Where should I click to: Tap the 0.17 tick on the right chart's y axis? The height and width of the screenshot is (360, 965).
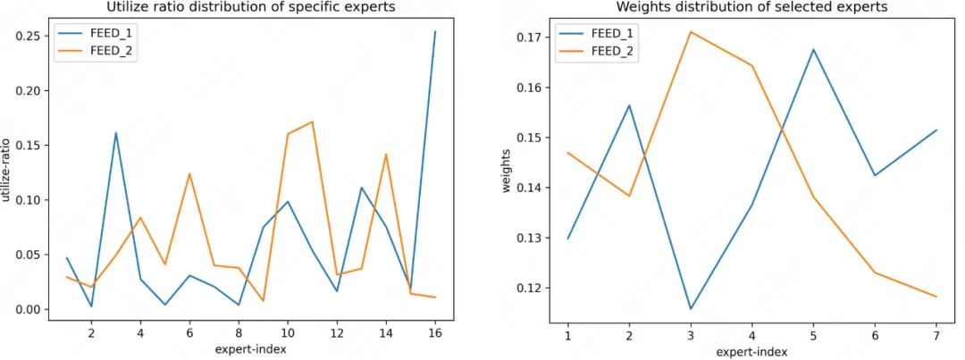[531, 38]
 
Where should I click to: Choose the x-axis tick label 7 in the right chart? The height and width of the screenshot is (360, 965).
[935, 332]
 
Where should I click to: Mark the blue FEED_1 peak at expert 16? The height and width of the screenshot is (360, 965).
[435, 32]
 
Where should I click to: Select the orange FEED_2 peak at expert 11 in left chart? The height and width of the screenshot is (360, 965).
[312, 121]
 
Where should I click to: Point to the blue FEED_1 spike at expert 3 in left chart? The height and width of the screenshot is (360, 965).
[116, 133]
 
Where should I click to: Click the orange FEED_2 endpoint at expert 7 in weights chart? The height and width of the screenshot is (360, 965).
[935, 297]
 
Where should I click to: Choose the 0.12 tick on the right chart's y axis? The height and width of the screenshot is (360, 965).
[531, 288]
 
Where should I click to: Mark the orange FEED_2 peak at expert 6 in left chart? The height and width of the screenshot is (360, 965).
[189, 173]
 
